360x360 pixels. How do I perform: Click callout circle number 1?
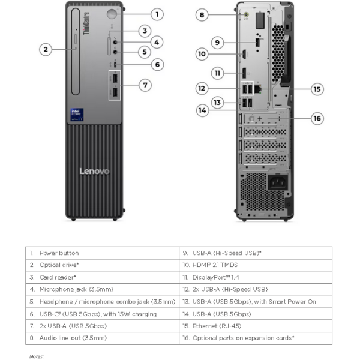157,14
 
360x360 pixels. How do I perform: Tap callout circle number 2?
46,50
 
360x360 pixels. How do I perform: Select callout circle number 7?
146,85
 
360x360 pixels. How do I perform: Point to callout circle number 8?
202,15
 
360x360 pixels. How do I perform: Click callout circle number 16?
317,118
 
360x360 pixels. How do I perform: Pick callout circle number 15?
317,89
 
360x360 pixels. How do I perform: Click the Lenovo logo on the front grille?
95,172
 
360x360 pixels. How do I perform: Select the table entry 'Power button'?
59,253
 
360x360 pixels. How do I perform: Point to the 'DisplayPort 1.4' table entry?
217,277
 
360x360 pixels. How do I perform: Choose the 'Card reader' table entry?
58,277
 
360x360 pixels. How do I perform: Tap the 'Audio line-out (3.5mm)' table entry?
73,338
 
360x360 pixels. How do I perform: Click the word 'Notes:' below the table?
37,356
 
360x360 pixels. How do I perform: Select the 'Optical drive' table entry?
59,265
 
